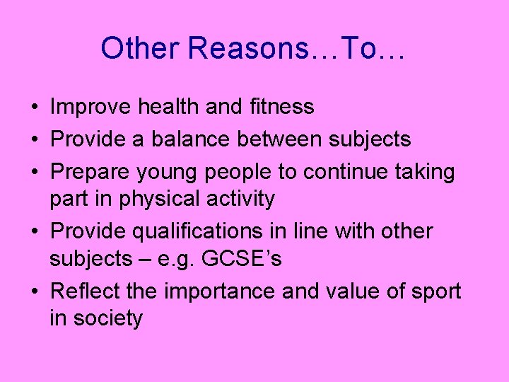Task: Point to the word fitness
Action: click(282, 107)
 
